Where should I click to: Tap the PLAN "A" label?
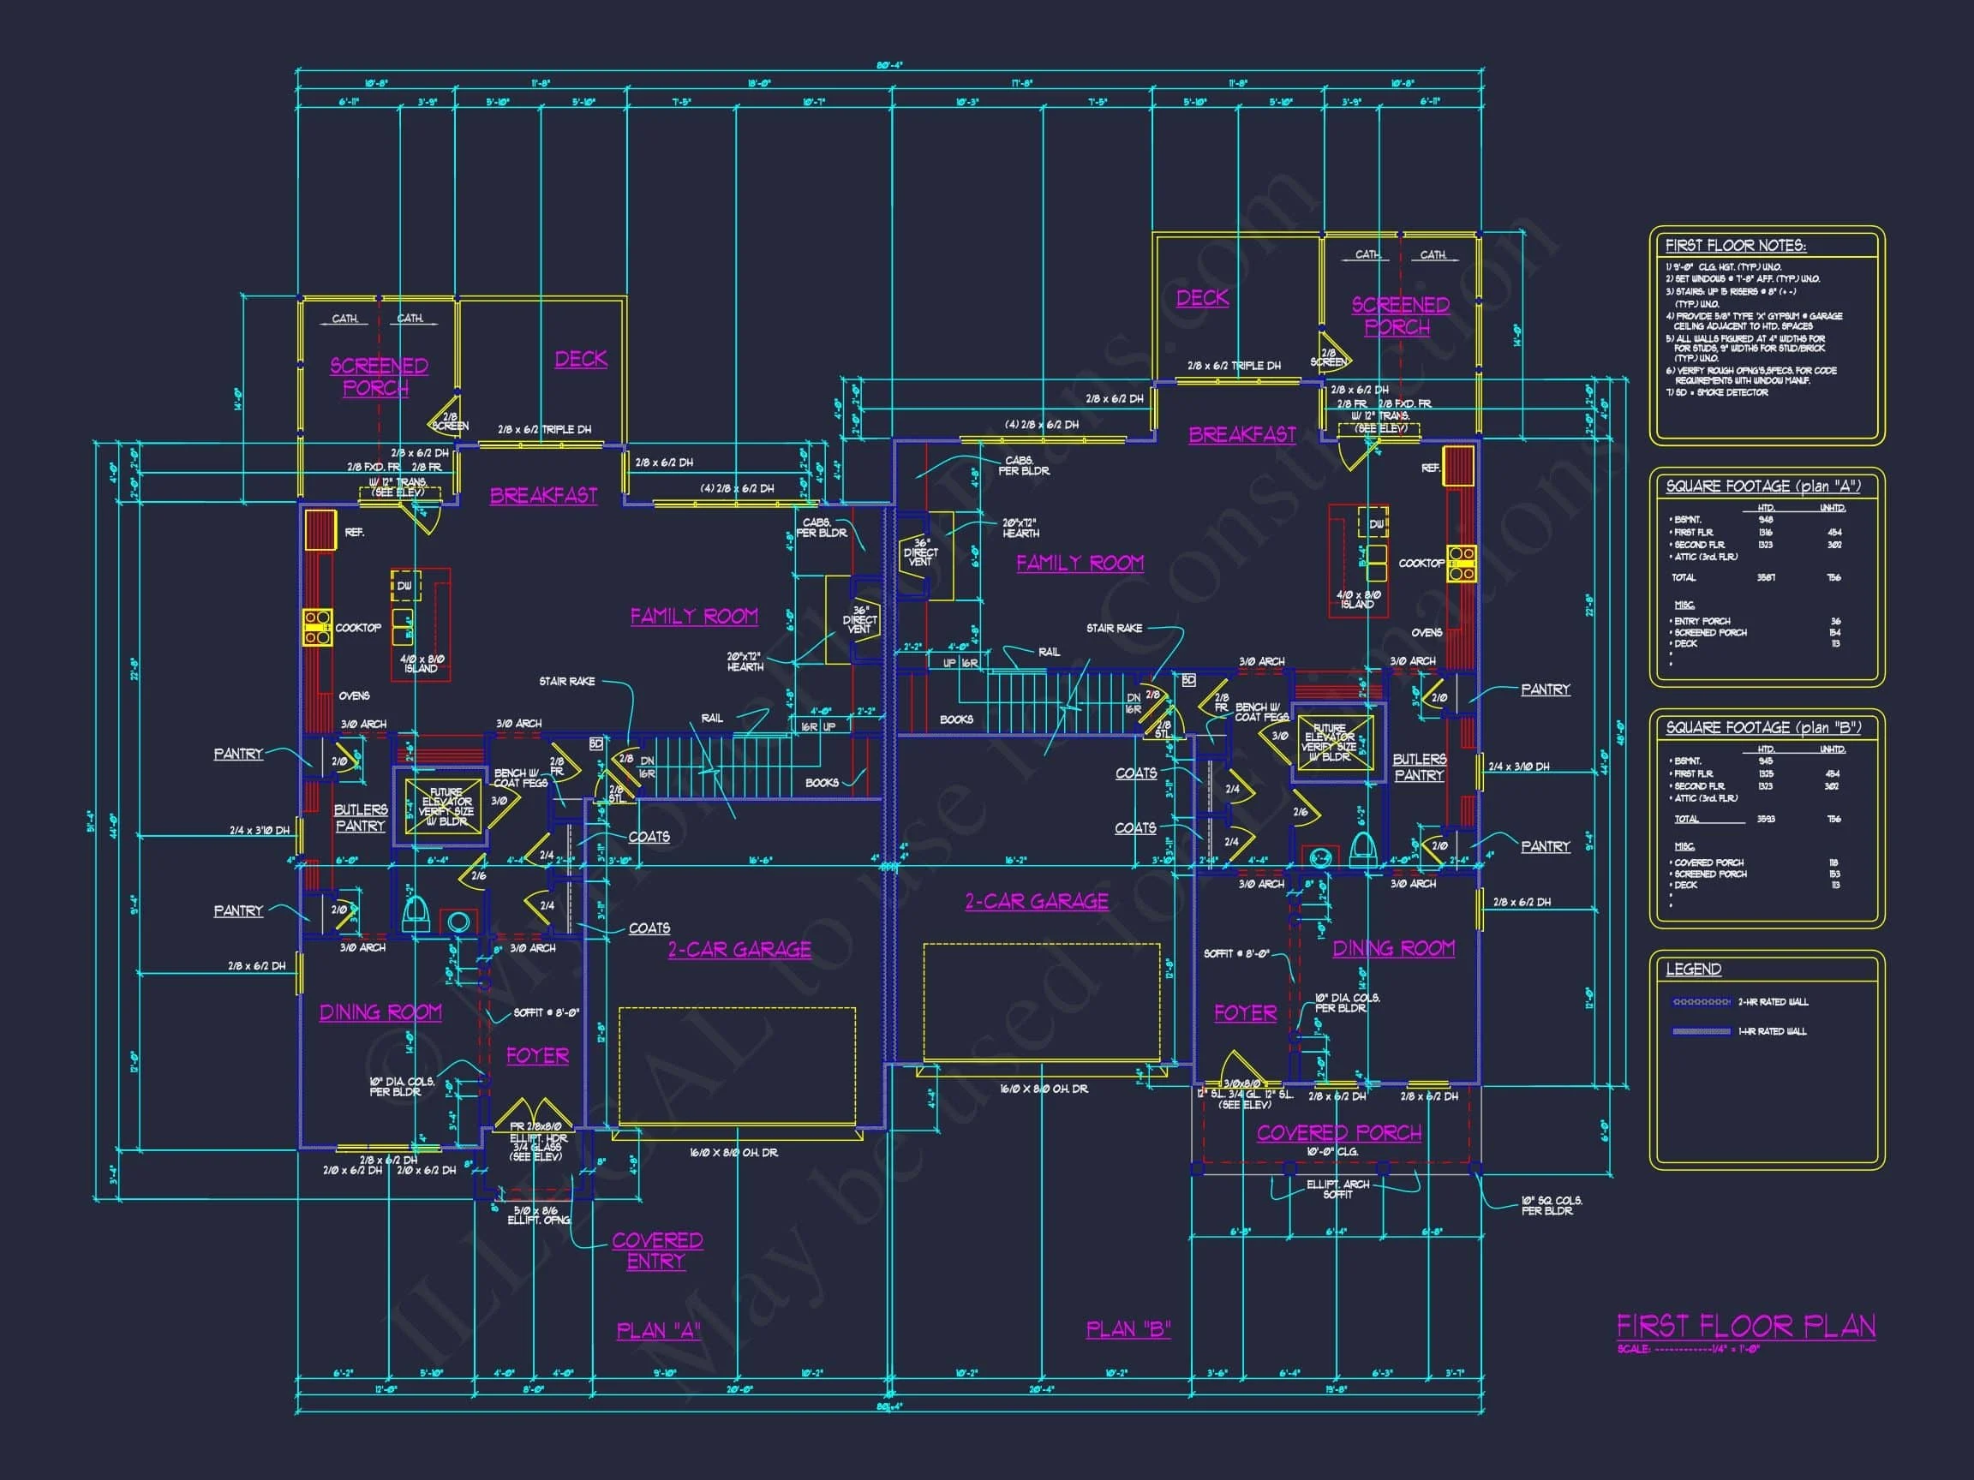[x=659, y=1330]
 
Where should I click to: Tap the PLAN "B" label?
[x=1128, y=1329]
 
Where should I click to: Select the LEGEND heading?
[x=1693, y=969]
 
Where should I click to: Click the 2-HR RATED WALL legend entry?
[x=1773, y=1002]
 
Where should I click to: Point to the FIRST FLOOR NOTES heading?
[x=1735, y=245]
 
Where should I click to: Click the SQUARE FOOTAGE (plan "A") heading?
[x=1762, y=486]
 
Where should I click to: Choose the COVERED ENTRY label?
[x=657, y=1250]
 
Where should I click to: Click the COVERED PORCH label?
[x=1338, y=1133]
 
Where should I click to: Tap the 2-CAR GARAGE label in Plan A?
[x=739, y=949]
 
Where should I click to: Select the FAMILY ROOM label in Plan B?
[x=1080, y=563]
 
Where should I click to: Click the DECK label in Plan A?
[x=581, y=359]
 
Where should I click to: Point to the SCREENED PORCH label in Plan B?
[x=1399, y=316]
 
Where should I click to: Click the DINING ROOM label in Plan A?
[x=380, y=1012]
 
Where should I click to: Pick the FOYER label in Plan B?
[x=1245, y=1012]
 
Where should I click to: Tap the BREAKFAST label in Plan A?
[x=543, y=495]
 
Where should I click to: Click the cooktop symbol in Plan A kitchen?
[x=317, y=626]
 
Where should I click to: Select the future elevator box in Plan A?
[x=445, y=808]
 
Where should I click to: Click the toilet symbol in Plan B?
[x=1361, y=849]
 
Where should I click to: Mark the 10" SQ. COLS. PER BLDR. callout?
[x=1551, y=1205]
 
